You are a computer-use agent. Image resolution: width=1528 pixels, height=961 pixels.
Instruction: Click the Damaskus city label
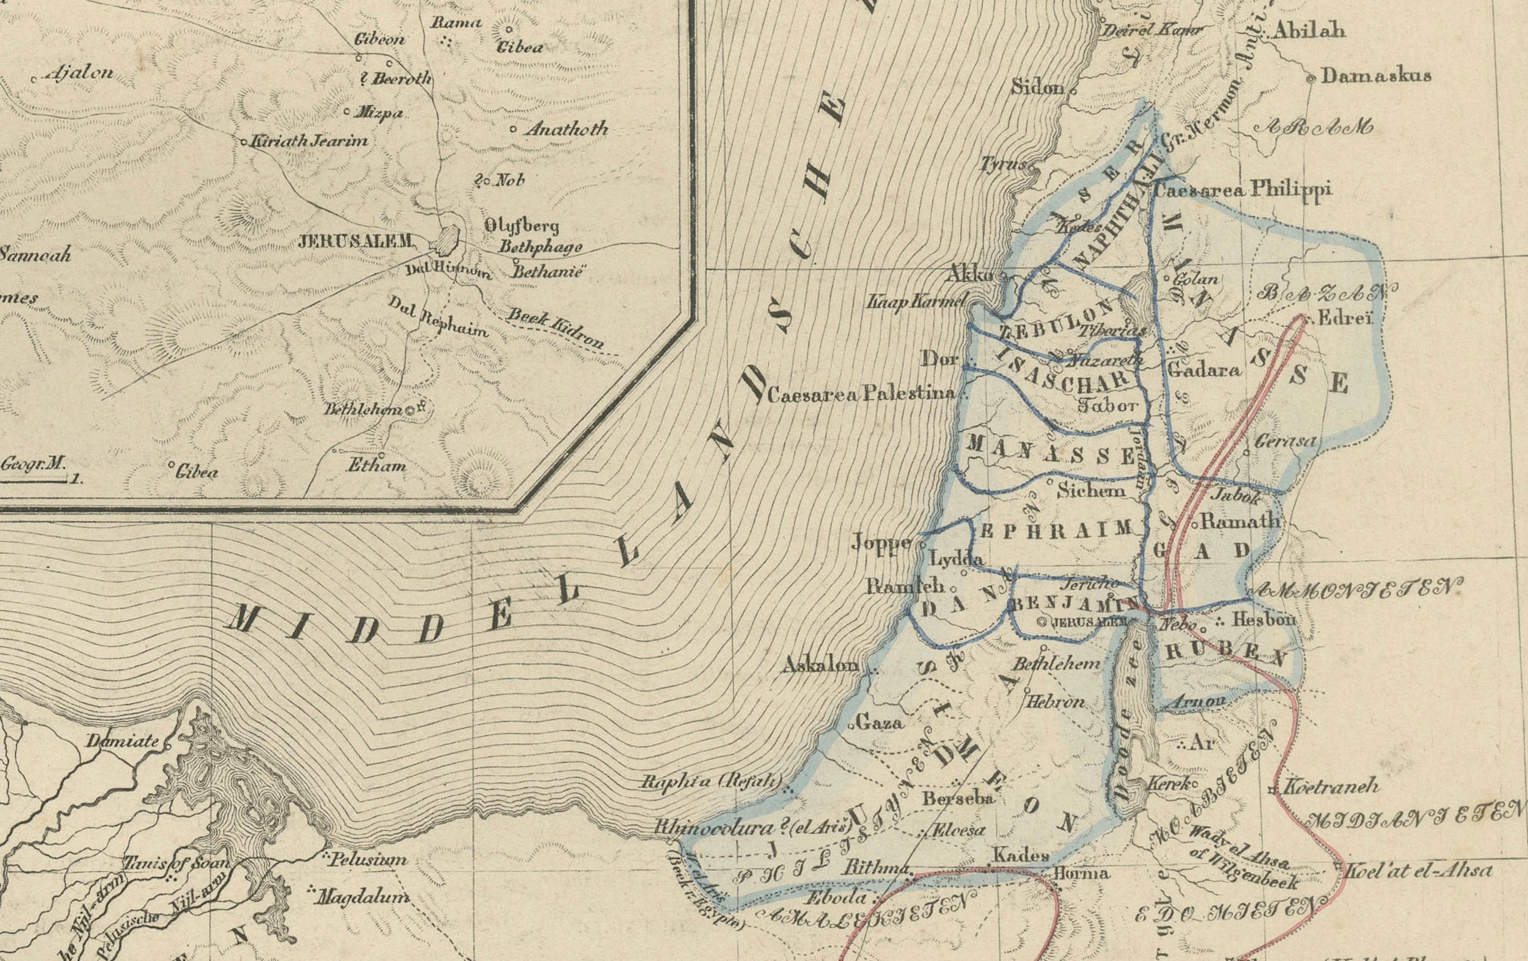pyautogui.click(x=1376, y=76)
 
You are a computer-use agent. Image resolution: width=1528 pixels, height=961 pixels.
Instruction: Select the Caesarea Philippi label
pyautogui.click(x=1242, y=190)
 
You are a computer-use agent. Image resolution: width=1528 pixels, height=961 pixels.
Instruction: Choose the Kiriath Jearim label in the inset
pyautogui.click(x=309, y=142)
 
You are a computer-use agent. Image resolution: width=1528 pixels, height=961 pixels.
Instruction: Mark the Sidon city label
pyautogui.click(x=1037, y=87)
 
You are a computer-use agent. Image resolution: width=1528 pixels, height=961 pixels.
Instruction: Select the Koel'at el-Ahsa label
pyautogui.click(x=1419, y=870)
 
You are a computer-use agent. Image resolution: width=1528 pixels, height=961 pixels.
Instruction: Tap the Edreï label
pyautogui.click(x=1345, y=318)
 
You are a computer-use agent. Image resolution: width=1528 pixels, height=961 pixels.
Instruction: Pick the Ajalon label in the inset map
pyautogui.click(x=79, y=73)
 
